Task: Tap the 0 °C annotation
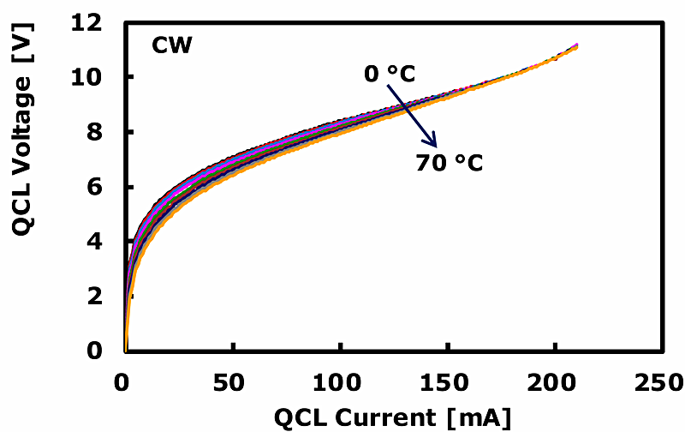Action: click(x=390, y=75)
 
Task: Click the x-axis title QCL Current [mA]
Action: click(x=393, y=417)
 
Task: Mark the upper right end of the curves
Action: click(x=577, y=45)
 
